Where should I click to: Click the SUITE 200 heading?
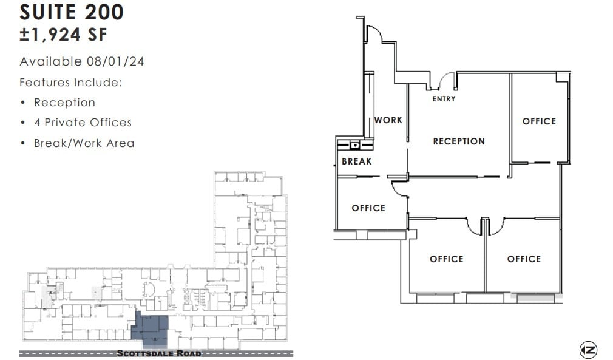pos(72,12)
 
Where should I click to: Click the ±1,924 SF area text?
pos(64,35)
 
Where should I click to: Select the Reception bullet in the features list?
pos(64,103)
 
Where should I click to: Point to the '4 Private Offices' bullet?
pos(83,123)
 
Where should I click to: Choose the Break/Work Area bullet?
pos(84,143)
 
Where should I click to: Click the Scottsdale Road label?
pos(158,353)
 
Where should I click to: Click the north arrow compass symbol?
pos(588,350)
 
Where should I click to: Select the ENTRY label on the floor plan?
pos(444,99)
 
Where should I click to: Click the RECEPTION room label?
pos(459,141)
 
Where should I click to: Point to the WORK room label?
pos(388,120)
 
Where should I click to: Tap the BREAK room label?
pos(356,161)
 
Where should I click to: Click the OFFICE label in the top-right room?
pos(539,121)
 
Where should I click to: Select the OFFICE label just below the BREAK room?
pos(368,208)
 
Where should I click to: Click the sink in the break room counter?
pos(354,145)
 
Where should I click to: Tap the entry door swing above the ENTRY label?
pos(448,81)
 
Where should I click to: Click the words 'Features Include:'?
pos(71,82)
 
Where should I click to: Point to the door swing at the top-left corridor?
pos(374,34)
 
